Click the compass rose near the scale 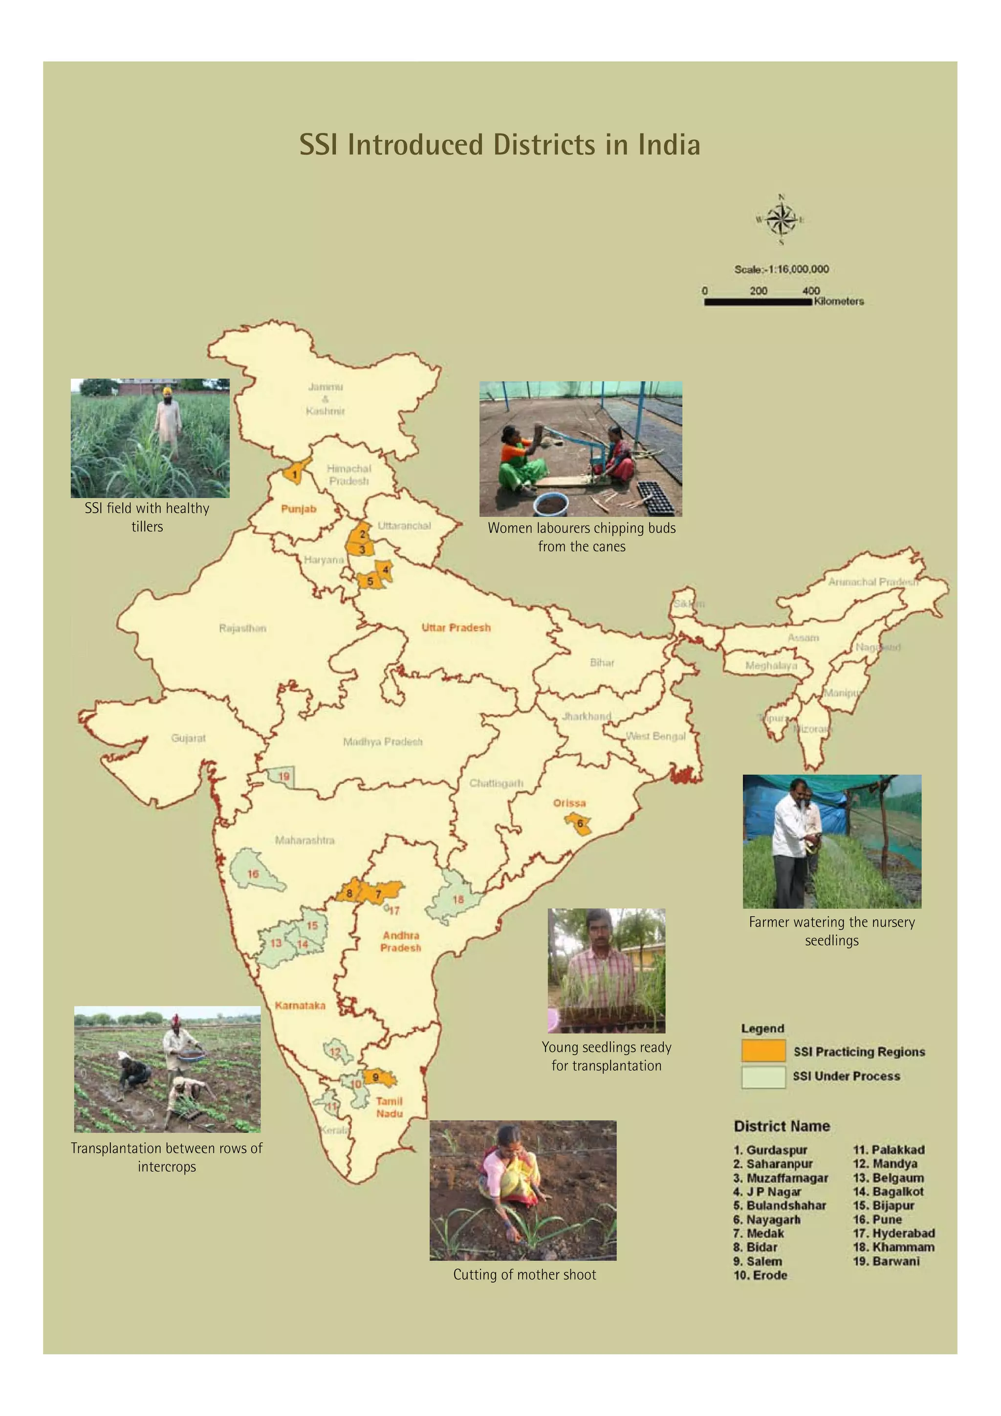[x=781, y=219]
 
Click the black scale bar [x=758, y=302]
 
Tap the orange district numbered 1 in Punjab [x=295, y=474]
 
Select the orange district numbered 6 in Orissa [x=579, y=824]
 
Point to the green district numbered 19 [x=283, y=777]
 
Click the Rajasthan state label [x=242, y=628]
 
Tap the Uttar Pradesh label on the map [x=456, y=627]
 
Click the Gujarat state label [x=188, y=738]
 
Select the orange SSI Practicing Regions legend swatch [x=763, y=1051]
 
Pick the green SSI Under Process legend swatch [x=763, y=1076]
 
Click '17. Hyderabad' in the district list [x=893, y=1233]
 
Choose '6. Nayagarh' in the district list [x=766, y=1219]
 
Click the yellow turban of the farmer [x=167, y=391]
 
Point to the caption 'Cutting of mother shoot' [x=524, y=1274]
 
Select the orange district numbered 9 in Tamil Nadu [x=377, y=1078]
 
